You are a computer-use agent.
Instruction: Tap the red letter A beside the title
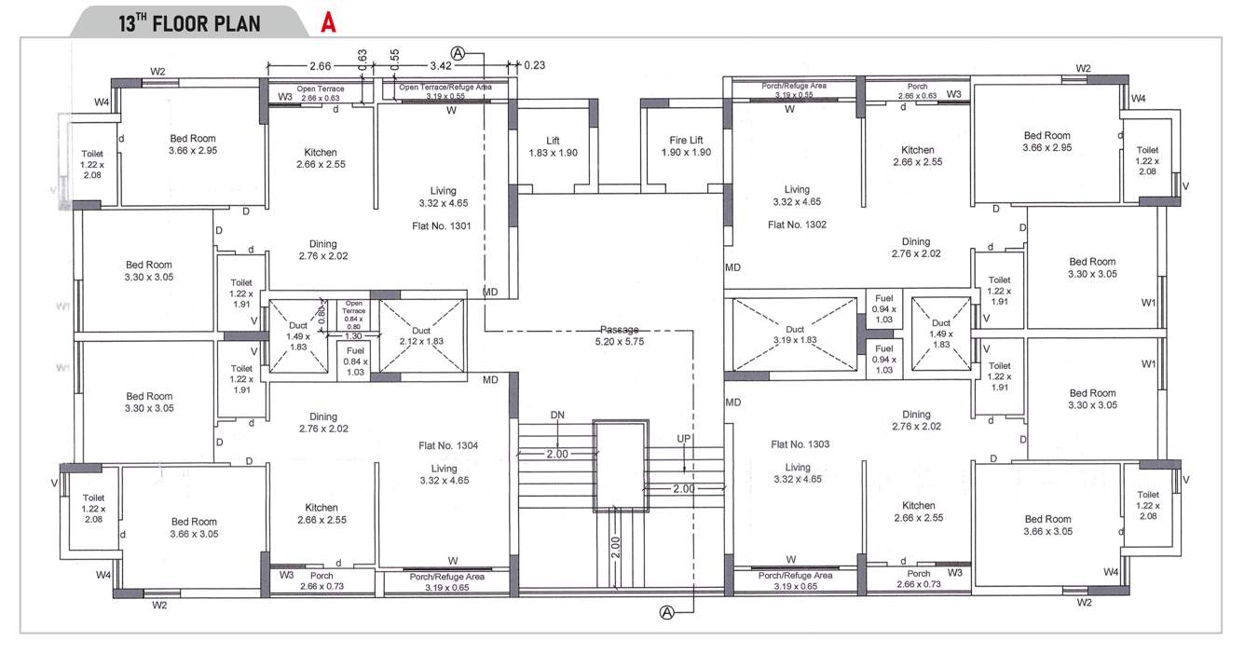pyautogui.click(x=328, y=23)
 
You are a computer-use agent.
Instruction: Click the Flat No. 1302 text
pyautogui.click(x=797, y=225)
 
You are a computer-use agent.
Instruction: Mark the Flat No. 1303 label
pyautogui.click(x=800, y=444)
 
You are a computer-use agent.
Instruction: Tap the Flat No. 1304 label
pyautogui.click(x=448, y=446)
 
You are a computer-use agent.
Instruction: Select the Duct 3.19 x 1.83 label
pyautogui.click(x=795, y=335)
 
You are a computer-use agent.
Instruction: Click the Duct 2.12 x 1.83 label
pyautogui.click(x=420, y=335)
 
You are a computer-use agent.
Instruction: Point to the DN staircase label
pyautogui.click(x=557, y=415)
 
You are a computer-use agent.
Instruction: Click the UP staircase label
pyautogui.click(x=684, y=439)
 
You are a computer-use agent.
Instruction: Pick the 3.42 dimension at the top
pyautogui.click(x=441, y=65)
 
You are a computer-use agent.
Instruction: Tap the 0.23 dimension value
pyautogui.click(x=535, y=65)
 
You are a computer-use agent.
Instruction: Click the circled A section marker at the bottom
pyautogui.click(x=667, y=612)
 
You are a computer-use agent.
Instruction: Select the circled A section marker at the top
pyautogui.click(x=457, y=52)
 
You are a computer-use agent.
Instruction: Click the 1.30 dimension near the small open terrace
pyautogui.click(x=355, y=335)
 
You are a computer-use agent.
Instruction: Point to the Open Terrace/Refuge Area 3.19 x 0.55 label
pyautogui.click(x=445, y=90)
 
